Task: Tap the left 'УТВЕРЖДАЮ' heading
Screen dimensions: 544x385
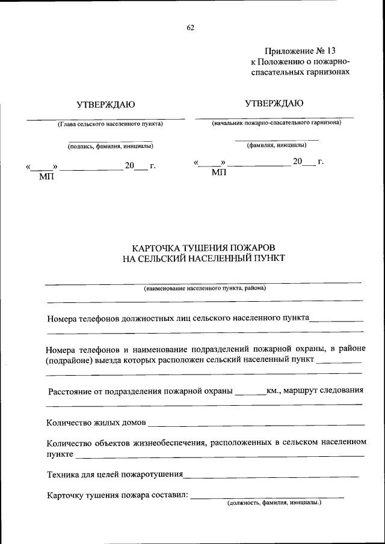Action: tap(106, 105)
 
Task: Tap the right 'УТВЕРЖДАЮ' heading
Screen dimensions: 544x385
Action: tap(274, 103)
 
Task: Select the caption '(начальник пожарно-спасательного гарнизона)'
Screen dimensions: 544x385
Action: tap(276, 123)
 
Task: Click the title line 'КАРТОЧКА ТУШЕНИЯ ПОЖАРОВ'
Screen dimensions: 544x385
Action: tap(204, 248)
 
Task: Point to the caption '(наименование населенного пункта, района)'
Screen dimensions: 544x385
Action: tap(205, 289)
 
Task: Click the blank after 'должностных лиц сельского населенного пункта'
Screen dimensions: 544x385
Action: tap(336, 320)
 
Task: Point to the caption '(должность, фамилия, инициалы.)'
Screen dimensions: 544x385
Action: tap(274, 503)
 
